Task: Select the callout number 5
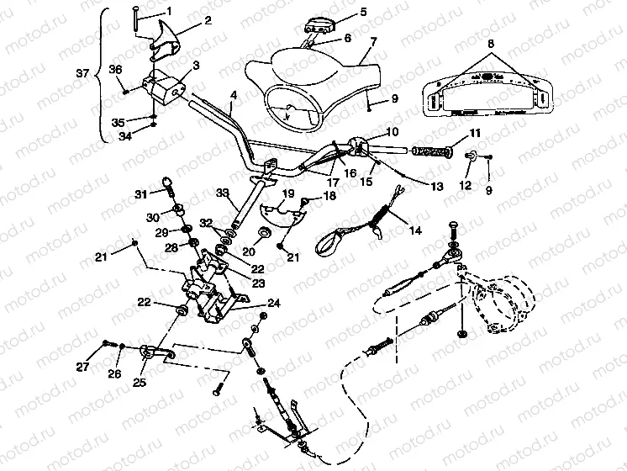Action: coord(340,12)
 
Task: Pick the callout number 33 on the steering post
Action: coord(223,193)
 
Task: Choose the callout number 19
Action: coord(287,194)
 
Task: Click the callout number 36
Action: coord(115,70)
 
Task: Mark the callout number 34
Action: coord(124,135)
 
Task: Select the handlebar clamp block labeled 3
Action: coord(163,85)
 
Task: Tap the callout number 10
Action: coord(392,132)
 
